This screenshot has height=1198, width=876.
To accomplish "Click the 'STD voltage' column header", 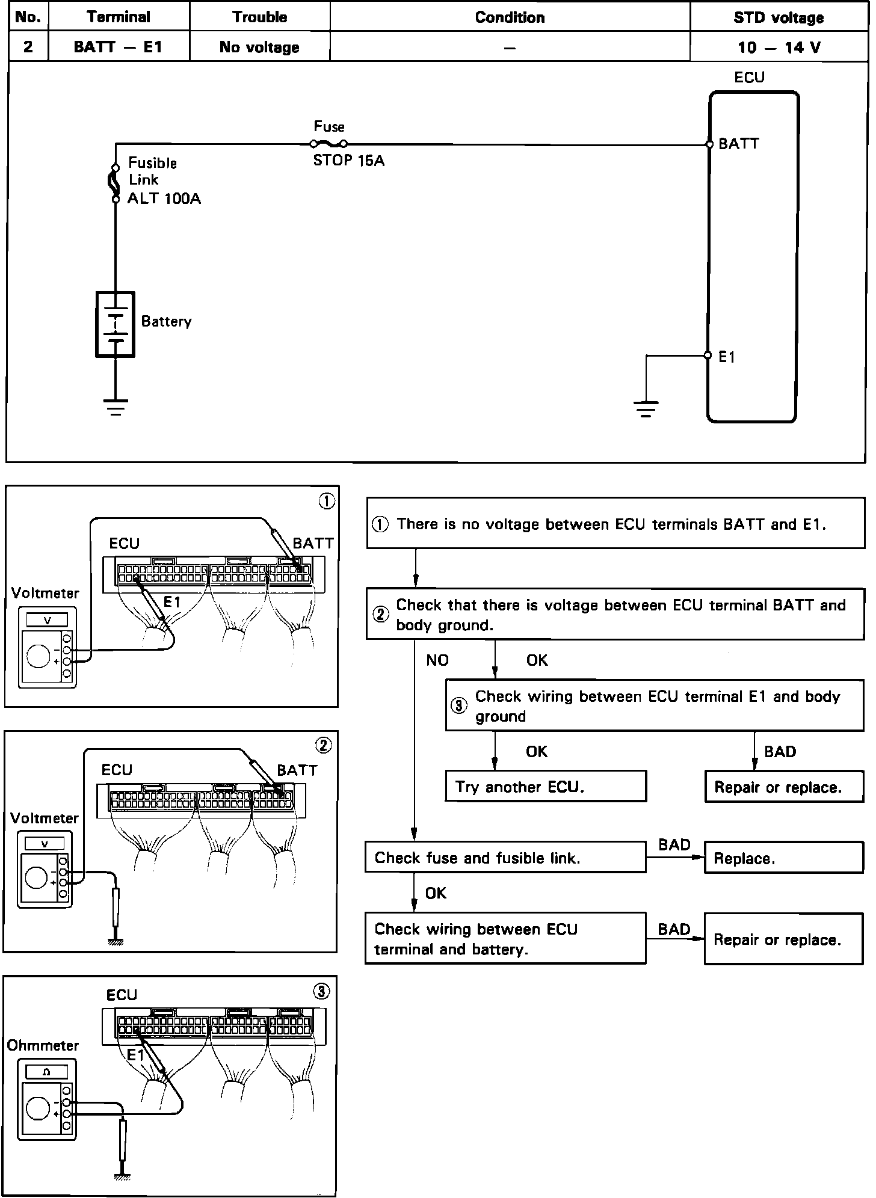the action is tap(779, 17).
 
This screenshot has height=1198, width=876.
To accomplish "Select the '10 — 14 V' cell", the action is tap(779, 48).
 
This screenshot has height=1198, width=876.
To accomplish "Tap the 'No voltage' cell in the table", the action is tap(259, 48).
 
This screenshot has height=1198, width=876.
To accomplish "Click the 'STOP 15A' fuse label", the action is tap(349, 161).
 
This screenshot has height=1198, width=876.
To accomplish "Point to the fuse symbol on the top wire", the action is tap(328, 144).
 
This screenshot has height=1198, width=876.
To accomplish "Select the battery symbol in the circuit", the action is tap(115, 324).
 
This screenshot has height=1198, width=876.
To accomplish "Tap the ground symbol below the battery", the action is tap(115, 407).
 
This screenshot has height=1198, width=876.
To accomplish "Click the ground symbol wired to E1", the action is tap(646, 409).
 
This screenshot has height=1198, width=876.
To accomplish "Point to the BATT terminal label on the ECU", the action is tap(739, 144).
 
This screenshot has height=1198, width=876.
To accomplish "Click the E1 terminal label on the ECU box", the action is tap(727, 357).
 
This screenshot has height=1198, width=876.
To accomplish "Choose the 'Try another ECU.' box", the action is tap(546, 786).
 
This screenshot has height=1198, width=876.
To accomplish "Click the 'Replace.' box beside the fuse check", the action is tap(784, 857).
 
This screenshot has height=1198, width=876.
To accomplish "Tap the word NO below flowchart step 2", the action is tap(437, 660).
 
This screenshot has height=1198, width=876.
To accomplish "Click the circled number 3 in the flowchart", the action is tap(458, 705).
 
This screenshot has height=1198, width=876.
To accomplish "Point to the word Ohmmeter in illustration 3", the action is tap(43, 1045).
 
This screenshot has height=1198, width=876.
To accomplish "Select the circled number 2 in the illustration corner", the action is tap(324, 746).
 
